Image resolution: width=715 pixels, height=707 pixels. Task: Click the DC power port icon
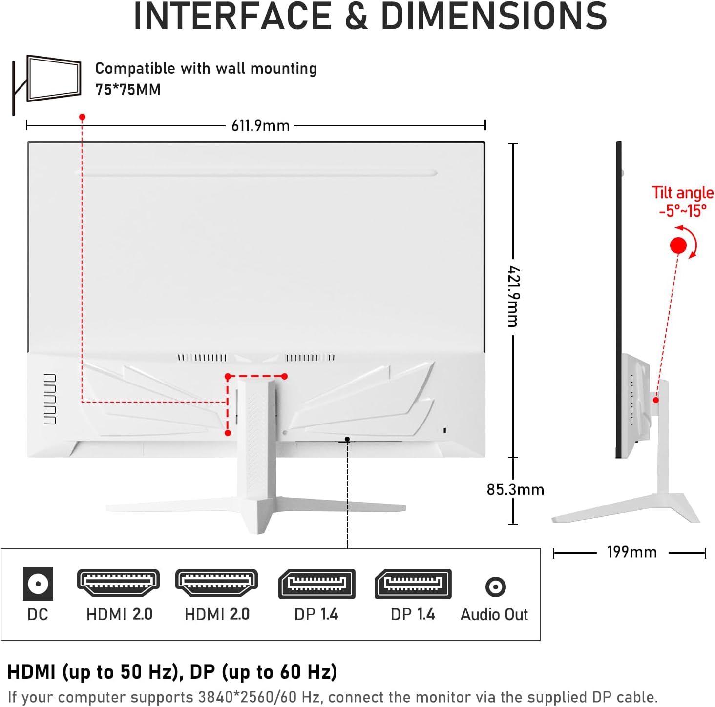coord(38,584)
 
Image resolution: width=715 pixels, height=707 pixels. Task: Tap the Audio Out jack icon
coord(495,586)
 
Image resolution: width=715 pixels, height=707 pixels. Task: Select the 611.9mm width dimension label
coord(260,126)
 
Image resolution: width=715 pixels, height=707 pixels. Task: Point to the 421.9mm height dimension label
coord(514,296)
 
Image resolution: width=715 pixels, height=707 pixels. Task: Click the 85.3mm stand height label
coord(515,489)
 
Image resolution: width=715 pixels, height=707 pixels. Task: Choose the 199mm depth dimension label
coord(632,552)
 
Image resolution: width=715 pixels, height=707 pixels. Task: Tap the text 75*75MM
coord(128,90)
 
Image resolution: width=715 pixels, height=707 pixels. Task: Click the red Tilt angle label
coord(683,193)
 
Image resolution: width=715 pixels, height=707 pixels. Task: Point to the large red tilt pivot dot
coord(678,245)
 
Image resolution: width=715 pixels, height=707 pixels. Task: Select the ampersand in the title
coord(356,17)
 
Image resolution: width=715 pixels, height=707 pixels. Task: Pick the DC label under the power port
coord(38,614)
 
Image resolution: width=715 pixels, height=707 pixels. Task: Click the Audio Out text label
coord(494,614)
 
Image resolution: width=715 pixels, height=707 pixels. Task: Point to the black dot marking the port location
coord(347,439)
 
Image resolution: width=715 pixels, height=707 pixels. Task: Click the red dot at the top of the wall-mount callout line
coord(83,117)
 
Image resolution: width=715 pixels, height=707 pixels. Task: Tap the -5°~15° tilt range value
coord(683,211)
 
